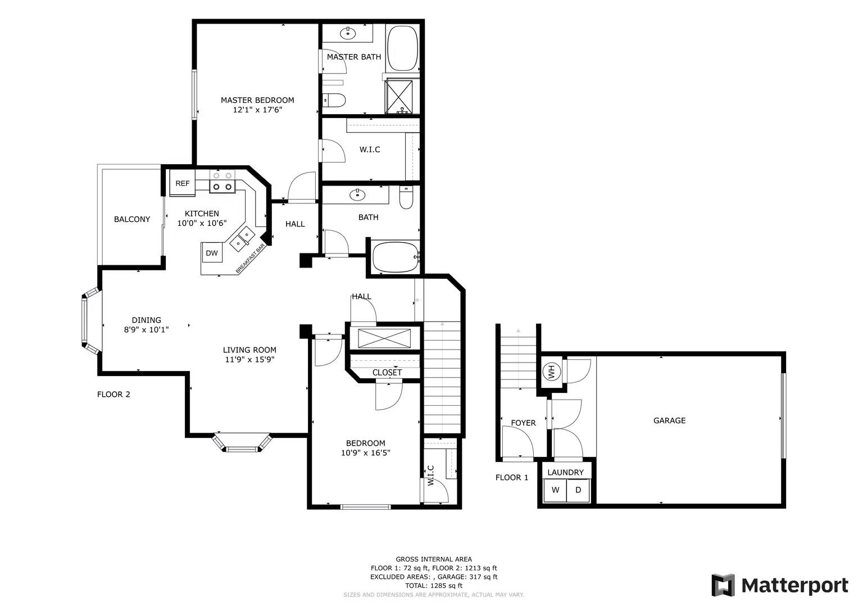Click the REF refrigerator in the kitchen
182,183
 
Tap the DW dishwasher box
212,252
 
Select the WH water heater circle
552,371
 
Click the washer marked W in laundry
555,490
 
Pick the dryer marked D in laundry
578,490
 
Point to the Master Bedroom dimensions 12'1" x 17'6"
257,110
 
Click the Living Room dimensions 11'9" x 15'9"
249,360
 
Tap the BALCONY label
132,219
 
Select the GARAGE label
670,420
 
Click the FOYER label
523,423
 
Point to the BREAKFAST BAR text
251,259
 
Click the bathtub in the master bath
402,48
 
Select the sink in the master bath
348,33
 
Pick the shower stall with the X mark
400,96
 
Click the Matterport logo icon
723,585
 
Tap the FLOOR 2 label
114,395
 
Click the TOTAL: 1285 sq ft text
434,586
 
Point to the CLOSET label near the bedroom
387,373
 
